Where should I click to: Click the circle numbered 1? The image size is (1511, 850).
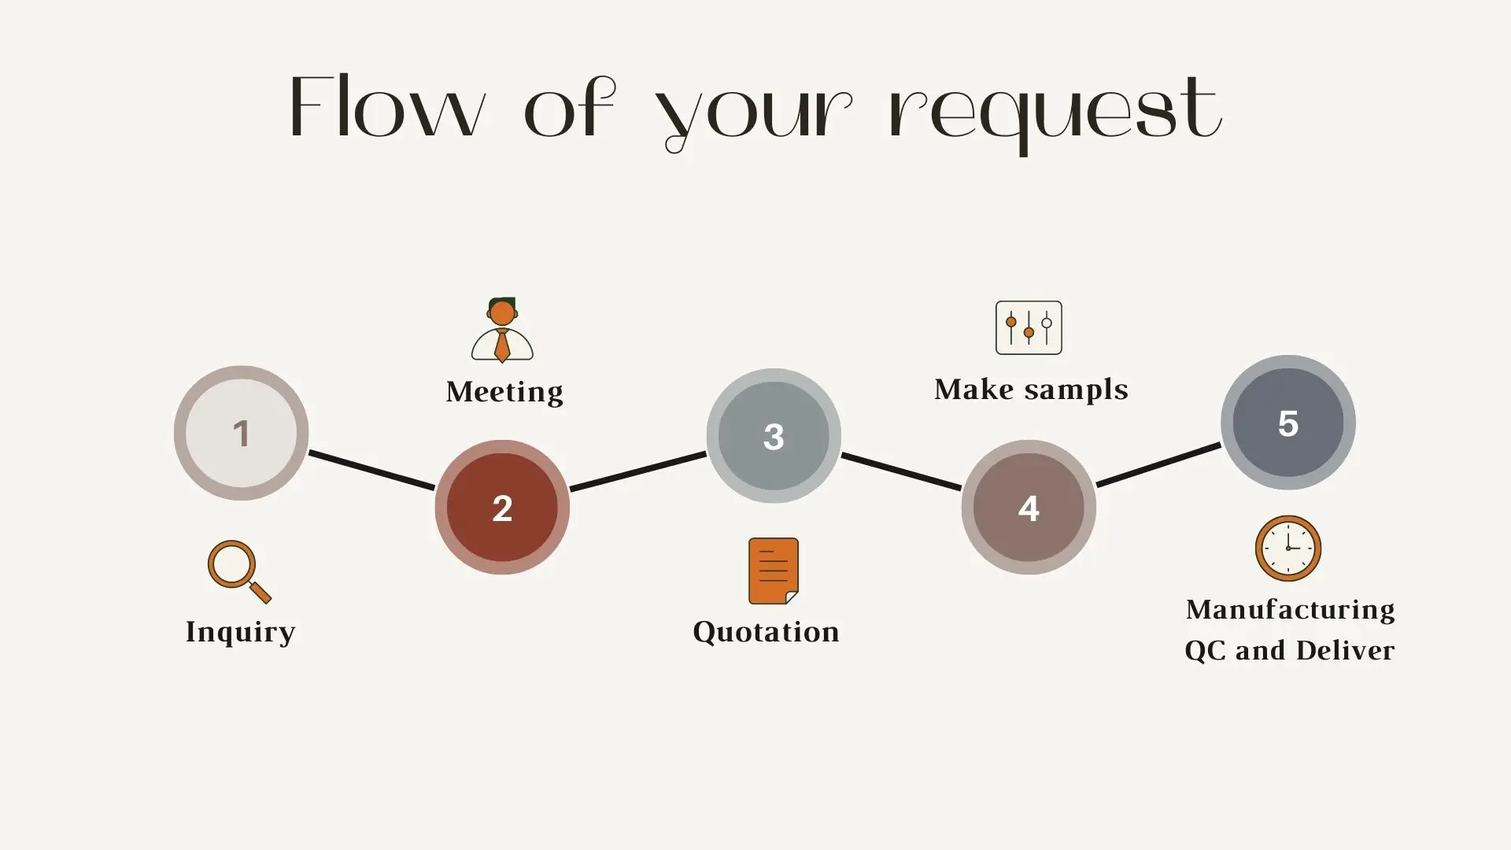point(241,433)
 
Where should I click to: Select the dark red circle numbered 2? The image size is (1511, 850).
point(502,508)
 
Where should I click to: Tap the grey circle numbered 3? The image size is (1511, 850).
point(774,436)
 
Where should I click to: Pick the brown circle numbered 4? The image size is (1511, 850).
point(1029,508)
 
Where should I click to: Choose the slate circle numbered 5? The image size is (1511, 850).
point(1287,423)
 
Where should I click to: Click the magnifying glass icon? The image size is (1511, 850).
point(238,571)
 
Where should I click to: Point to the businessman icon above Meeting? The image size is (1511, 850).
point(502,330)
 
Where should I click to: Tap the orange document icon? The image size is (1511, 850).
point(773,571)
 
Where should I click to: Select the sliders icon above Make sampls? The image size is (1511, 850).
point(1029,327)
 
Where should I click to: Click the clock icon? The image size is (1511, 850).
point(1287,549)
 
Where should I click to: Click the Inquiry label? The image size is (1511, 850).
point(240,632)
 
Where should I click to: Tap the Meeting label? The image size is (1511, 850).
point(504,391)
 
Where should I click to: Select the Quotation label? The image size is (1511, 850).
point(766,632)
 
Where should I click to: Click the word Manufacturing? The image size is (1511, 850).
point(1290,609)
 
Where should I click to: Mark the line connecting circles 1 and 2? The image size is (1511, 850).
point(371,470)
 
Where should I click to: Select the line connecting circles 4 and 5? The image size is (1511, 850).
point(1158,464)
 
